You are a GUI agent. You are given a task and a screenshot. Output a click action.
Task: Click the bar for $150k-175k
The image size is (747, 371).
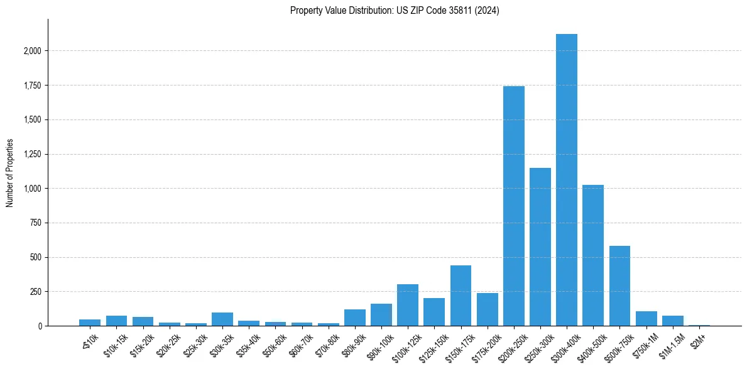[x=461, y=296]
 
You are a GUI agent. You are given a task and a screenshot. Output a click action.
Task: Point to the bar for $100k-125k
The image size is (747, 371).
[x=408, y=305]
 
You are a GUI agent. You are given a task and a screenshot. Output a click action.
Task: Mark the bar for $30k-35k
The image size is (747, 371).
[x=222, y=319]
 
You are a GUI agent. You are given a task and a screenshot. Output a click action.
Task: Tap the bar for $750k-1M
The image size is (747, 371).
[x=646, y=318]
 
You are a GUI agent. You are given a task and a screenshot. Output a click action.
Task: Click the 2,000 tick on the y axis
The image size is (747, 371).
[x=33, y=51]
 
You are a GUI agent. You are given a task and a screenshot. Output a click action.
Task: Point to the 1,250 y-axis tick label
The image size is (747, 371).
[x=33, y=154]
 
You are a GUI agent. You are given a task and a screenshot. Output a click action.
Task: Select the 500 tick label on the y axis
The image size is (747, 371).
[x=37, y=257]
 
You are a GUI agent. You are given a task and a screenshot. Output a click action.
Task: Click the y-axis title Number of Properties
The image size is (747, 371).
[x=9, y=173]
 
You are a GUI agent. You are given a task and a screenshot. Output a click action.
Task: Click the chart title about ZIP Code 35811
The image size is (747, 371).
[x=395, y=11]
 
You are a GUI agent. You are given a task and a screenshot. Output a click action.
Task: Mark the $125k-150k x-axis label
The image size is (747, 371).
[x=433, y=345]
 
